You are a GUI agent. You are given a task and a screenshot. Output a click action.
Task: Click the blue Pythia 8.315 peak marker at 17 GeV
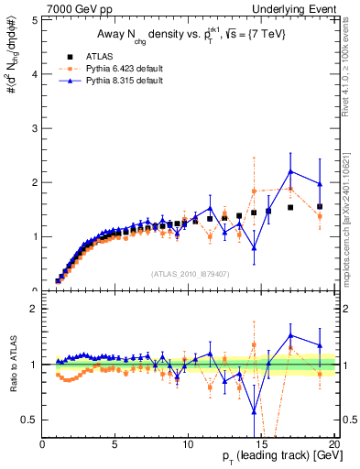point(290,171)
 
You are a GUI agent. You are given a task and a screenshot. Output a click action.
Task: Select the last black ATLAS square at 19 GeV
point(320,207)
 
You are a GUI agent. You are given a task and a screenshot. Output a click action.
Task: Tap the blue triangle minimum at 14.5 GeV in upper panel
point(254,247)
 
